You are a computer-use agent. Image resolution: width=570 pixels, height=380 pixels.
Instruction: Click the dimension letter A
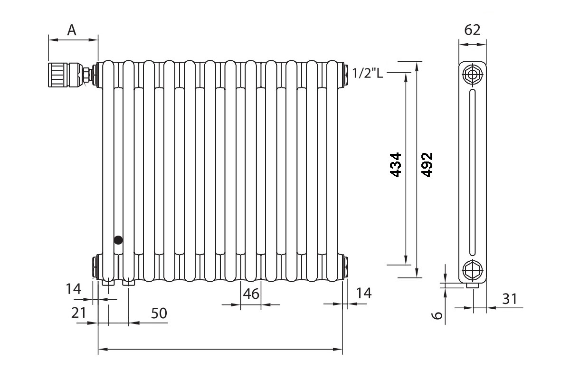click(x=72, y=30)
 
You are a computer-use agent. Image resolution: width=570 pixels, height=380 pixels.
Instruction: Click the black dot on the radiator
click(x=117, y=240)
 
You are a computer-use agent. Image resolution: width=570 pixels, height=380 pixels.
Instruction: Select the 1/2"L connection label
click(x=368, y=73)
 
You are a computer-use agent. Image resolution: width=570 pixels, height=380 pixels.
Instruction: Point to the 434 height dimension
click(x=396, y=165)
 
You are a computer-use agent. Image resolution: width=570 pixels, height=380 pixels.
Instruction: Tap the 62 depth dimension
click(x=472, y=30)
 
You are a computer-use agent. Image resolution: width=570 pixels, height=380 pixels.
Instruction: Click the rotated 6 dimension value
click(x=438, y=314)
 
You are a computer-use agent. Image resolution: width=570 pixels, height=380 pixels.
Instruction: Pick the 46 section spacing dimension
click(x=251, y=294)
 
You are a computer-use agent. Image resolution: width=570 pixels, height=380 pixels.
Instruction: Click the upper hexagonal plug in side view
click(x=473, y=75)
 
